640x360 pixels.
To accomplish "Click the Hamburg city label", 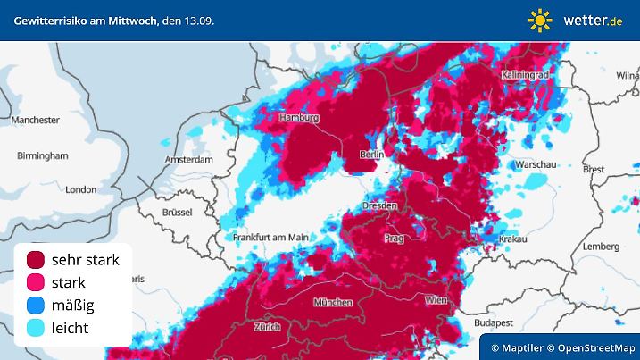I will tap(299, 118).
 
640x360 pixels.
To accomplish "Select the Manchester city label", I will tap(35, 120).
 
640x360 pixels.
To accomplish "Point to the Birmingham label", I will tap(43, 155).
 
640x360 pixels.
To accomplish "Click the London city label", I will tap(80, 189).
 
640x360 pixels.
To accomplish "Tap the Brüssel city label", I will tap(179, 213).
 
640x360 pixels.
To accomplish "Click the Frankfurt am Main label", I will tap(270, 237).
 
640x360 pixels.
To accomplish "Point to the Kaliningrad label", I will tap(524, 75).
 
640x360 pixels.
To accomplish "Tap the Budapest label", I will tap(493, 322).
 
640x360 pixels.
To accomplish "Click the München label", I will tap(333, 302).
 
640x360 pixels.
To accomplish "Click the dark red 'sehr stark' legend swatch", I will tap(37, 260).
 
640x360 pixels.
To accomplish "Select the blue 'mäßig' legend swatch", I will tap(37, 306).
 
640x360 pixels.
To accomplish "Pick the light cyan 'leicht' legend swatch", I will tap(37, 328).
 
